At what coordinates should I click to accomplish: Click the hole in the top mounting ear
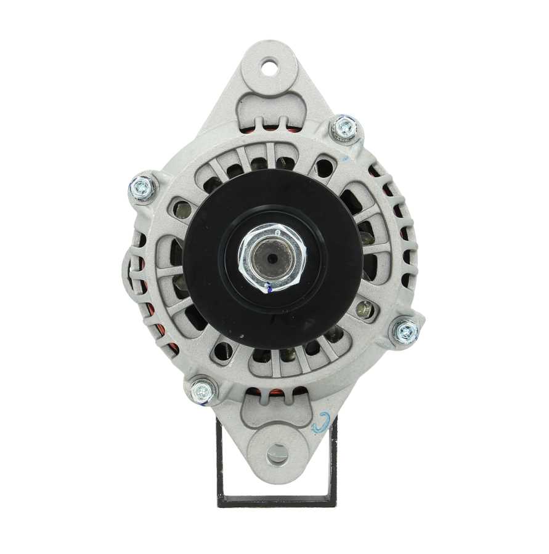tap(270, 67)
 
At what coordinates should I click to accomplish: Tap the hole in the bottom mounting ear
tap(277, 454)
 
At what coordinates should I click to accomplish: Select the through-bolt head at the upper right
tap(345, 128)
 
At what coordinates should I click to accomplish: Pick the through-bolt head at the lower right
tap(407, 332)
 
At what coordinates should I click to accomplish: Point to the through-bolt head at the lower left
tap(203, 390)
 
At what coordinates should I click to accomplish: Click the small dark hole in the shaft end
tap(272, 254)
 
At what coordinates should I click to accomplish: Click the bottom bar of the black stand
tap(277, 501)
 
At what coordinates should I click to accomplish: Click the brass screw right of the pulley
tap(365, 310)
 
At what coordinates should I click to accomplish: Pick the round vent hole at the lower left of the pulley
tap(221, 351)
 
